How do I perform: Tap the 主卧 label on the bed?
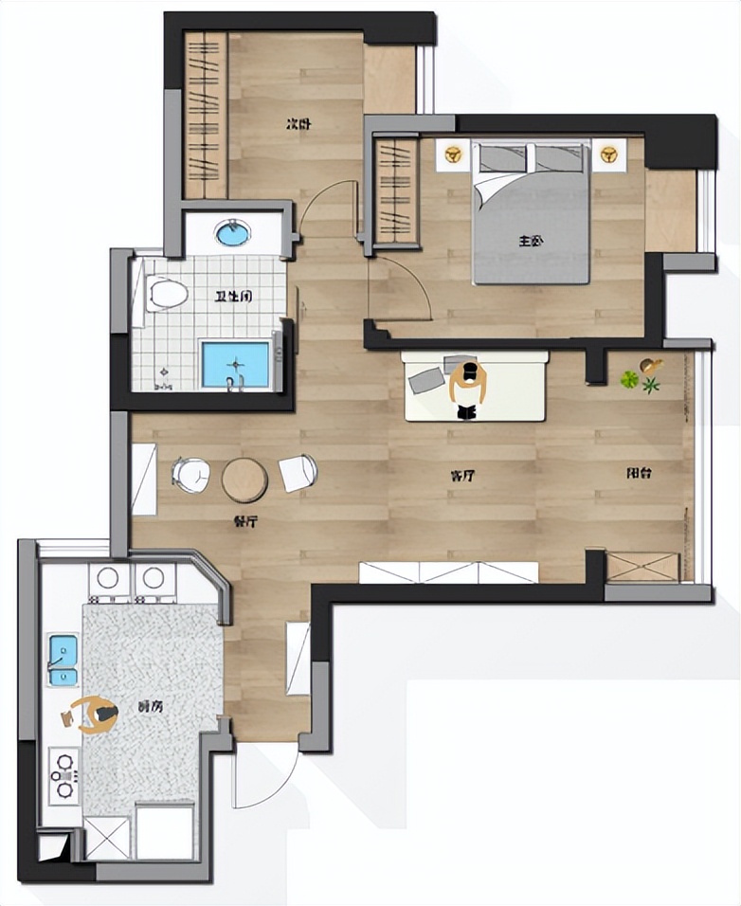pos(531,242)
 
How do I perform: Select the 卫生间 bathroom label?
pos(232,297)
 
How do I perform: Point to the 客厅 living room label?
pos(462,476)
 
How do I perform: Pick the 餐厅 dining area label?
pos(245,520)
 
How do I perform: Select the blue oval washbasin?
pos(233,232)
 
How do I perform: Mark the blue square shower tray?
pos(235,365)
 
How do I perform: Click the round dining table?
pos(244,480)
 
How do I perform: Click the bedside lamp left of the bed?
pos(454,154)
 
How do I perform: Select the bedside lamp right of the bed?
pos(607,154)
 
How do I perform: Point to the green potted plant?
pos(629,380)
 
